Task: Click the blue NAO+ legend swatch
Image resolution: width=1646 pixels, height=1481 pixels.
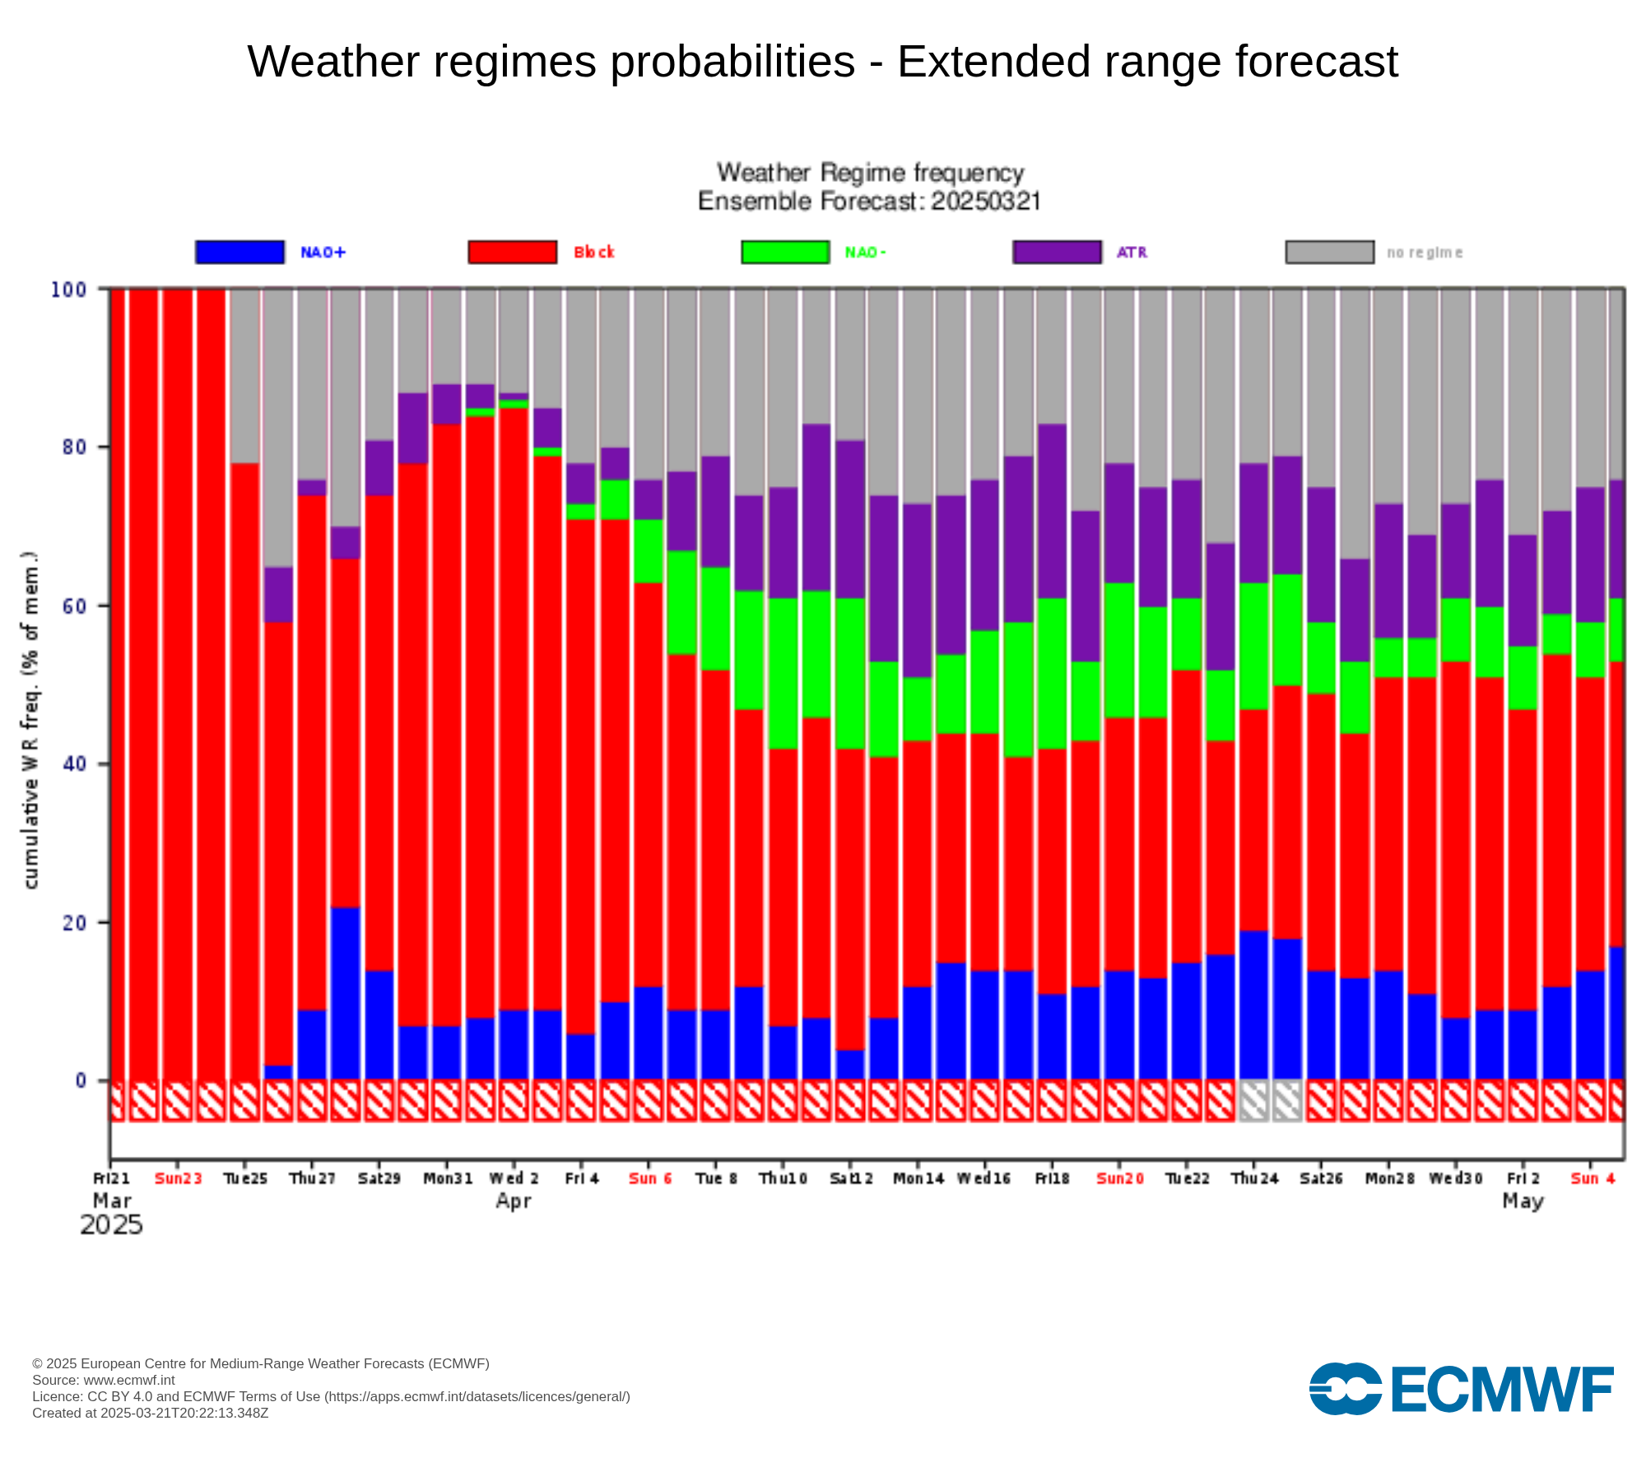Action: tap(239, 252)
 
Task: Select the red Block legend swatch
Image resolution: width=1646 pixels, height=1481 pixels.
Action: tap(512, 252)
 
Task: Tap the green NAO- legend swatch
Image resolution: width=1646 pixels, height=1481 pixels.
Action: tap(785, 252)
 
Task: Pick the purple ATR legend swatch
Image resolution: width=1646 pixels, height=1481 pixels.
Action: tap(1057, 252)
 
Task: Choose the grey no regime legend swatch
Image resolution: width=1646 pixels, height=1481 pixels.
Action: tap(1329, 252)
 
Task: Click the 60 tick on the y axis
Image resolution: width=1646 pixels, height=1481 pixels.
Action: tap(74, 606)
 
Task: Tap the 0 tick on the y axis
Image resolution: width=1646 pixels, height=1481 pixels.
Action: tap(81, 1080)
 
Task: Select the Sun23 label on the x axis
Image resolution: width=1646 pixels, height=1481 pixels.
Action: tap(178, 1178)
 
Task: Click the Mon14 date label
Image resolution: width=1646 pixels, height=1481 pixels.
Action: tap(918, 1178)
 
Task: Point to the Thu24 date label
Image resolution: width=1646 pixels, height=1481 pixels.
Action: tap(1254, 1178)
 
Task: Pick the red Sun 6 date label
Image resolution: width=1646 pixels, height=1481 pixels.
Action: tap(649, 1178)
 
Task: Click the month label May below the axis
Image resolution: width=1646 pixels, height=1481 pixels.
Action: tap(1523, 1201)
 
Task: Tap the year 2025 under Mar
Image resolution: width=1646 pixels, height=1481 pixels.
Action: tap(111, 1225)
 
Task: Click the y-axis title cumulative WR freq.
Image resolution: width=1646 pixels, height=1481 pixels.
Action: tap(30, 720)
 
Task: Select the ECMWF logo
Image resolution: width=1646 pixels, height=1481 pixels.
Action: tap(1461, 1389)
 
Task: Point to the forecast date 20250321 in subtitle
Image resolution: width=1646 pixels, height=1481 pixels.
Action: tap(986, 202)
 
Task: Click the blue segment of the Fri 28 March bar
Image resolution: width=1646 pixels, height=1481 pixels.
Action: tap(346, 993)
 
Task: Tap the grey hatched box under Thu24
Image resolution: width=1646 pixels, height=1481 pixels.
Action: tap(1253, 1101)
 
